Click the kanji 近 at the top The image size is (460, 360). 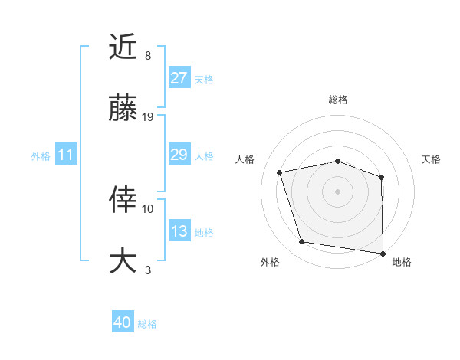(123, 47)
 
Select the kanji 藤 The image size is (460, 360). (123, 109)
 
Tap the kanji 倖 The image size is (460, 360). (123, 200)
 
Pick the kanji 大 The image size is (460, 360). (123, 260)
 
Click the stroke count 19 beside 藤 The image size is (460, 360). (149, 117)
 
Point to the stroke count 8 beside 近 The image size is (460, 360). (148, 56)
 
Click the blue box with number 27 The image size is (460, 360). (179, 78)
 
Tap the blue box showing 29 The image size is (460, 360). (179, 155)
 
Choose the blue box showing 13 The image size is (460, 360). (179, 231)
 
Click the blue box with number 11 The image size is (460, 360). (66, 155)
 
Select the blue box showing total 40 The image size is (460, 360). (123, 322)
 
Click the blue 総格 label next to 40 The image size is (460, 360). (148, 324)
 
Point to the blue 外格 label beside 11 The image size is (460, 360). (41, 155)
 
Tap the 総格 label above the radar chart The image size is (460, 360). (338, 100)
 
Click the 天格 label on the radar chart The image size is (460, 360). (432, 159)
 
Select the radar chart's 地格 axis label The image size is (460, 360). (402, 262)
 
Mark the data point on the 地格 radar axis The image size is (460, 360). (383, 253)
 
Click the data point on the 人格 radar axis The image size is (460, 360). (280, 172)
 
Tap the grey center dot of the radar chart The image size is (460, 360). (338, 191)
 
